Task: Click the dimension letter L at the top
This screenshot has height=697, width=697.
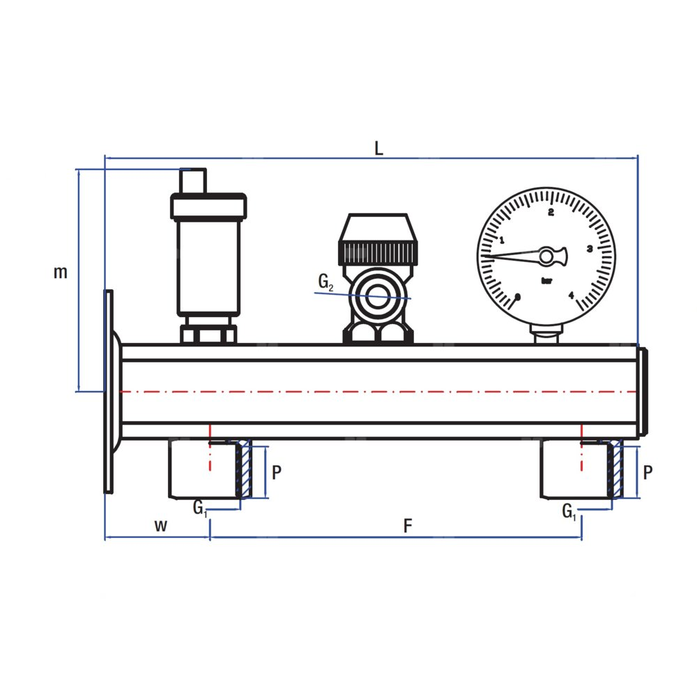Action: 378,148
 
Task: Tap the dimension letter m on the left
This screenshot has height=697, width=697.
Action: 61,272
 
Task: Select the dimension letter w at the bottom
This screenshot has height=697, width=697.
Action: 160,526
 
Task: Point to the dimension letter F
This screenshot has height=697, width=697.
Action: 408,526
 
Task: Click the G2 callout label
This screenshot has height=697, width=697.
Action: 325,282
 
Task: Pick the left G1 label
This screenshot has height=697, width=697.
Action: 200,508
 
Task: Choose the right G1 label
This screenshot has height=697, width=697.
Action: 569,512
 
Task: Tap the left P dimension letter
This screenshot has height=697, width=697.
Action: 277,472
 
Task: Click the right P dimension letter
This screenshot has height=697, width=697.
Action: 648,472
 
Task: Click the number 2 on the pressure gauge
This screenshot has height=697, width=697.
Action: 551,213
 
